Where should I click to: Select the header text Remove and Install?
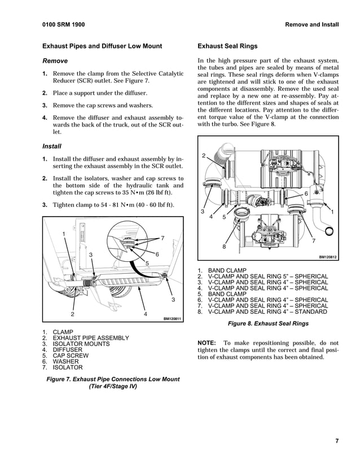312,25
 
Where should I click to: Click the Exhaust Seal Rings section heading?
227,46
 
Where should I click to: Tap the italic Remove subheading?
55,61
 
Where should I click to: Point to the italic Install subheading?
54,146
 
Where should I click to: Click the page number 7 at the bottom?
336,441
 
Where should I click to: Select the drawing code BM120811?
172,319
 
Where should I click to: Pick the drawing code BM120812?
327,257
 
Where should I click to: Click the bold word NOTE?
207,343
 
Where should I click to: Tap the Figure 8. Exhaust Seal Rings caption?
268,324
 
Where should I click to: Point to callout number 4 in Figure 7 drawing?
146,314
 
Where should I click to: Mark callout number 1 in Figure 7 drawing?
64,234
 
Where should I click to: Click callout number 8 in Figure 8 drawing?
224,247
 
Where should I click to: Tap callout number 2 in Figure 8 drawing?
204,156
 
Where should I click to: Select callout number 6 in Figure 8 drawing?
306,194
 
